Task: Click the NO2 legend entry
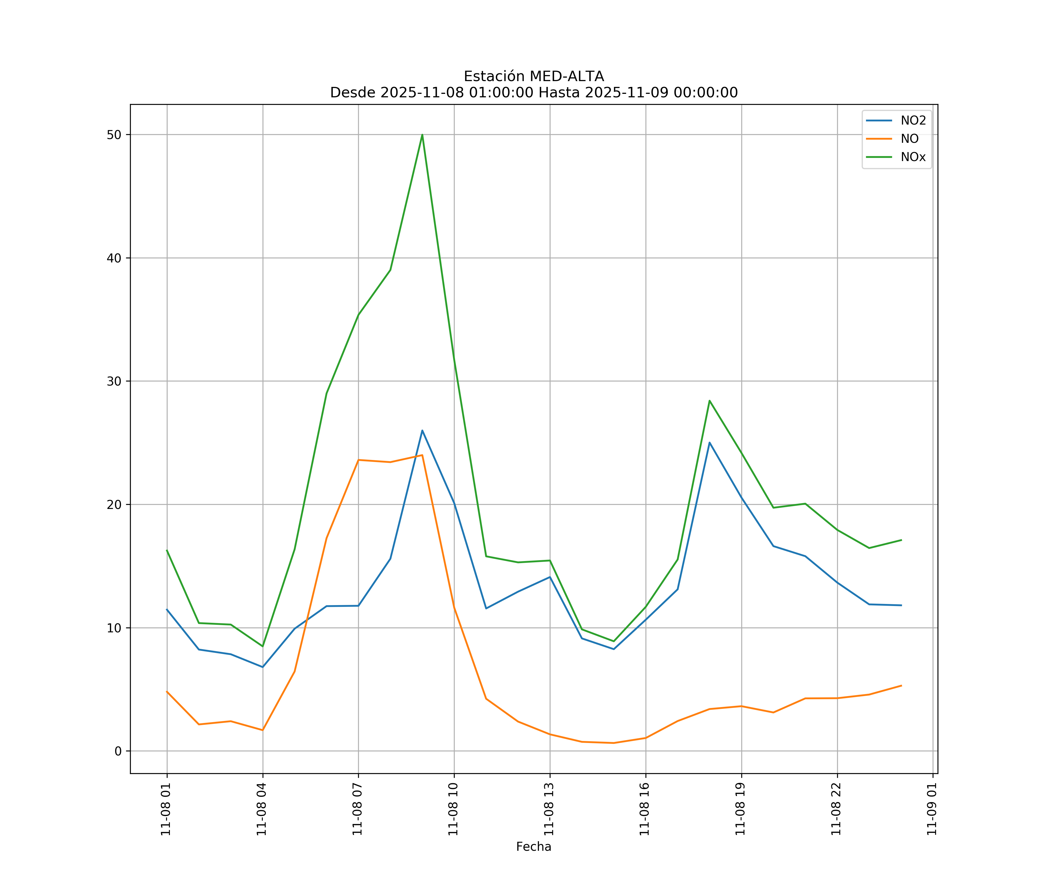[x=913, y=121]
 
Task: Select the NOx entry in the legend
[x=913, y=157]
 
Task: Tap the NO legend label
[x=909, y=139]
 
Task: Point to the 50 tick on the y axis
[x=114, y=135]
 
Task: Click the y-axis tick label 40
[x=114, y=258]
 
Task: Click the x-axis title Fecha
[x=533, y=847]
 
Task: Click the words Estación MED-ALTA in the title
[x=533, y=76]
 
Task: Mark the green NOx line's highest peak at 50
[x=422, y=135]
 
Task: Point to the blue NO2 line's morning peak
[x=422, y=430]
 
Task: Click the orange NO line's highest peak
[x=422, y=455]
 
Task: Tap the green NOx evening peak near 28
[x=709, y=401]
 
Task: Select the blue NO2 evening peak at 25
[x=709, y=442]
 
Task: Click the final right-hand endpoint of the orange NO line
[x=901, y=686]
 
